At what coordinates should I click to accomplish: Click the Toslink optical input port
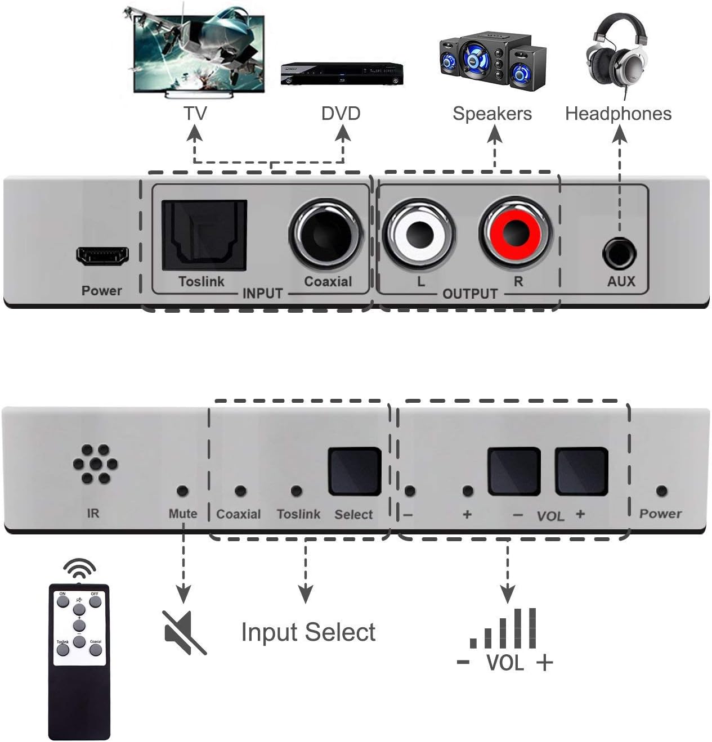tap(204, 236)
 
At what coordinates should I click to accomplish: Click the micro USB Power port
tap(102, 257)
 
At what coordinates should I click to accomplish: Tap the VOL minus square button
tap(514, 471)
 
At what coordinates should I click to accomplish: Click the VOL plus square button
tap(581, 471)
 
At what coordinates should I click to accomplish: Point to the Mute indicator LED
tap(182, 491)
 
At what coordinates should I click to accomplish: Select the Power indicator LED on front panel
tap(662, 491)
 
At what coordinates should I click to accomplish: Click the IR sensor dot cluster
tap(95, 465)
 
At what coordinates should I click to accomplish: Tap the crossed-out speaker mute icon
tap(183, 632)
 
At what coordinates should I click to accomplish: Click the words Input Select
tap(308, 632)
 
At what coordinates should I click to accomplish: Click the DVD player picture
tap(342, 73)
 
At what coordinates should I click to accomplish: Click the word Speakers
tap(492, 114)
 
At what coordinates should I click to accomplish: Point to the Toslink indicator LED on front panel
tap(297, 491)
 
